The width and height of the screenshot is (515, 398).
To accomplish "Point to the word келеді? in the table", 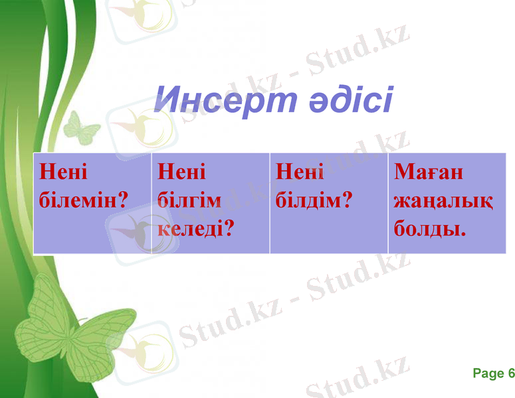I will [x=197, y=229].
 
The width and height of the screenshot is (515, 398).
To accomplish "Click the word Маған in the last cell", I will [x=429, y=172].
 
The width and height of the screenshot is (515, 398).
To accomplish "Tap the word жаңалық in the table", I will [x=443, y=200].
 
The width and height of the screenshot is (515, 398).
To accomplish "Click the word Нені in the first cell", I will [x=63, y=172].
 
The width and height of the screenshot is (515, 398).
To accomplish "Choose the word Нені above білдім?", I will [x=300, y=172].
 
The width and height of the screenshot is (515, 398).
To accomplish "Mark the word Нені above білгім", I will [x=182, y=172].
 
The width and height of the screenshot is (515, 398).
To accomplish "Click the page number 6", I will [x=510, y=374].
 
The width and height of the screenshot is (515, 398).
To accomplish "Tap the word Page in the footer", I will [x=488, y=374].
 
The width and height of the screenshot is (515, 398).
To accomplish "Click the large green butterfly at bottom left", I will [x=70, y=328].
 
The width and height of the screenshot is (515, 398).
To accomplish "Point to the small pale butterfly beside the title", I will [x=81, y=128].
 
